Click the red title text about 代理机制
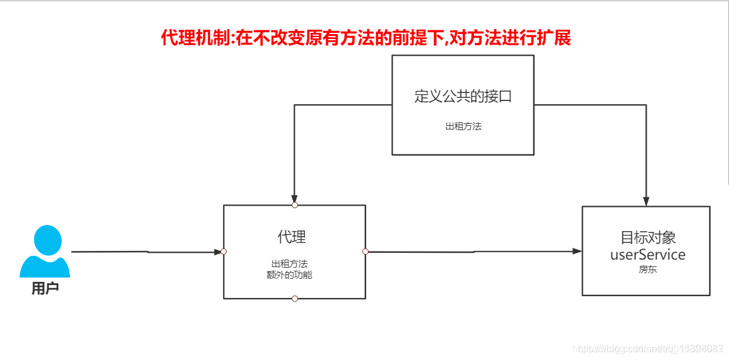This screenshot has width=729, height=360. pos(365,38)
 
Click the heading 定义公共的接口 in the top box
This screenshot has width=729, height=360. pos(463,97)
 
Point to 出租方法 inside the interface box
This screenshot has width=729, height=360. pos(463,126)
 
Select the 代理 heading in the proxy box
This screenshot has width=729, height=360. pos(292,237)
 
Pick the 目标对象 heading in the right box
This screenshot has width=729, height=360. pos(648,237)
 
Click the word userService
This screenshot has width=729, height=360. pos(648,255)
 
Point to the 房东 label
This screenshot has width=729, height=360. pos(648,270)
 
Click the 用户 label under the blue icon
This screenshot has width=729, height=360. pos(45,289)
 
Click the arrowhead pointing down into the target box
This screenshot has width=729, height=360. pos(646,201)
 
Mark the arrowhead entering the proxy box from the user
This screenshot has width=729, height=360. pos(217,252)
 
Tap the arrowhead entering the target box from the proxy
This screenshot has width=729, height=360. pos(577,251)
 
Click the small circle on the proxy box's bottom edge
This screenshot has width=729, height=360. pos(295,299)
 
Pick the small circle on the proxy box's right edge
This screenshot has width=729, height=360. pos(365,252)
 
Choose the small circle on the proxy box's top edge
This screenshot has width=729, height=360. pos(295,204)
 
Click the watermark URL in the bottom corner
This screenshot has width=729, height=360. pos(647,349)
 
